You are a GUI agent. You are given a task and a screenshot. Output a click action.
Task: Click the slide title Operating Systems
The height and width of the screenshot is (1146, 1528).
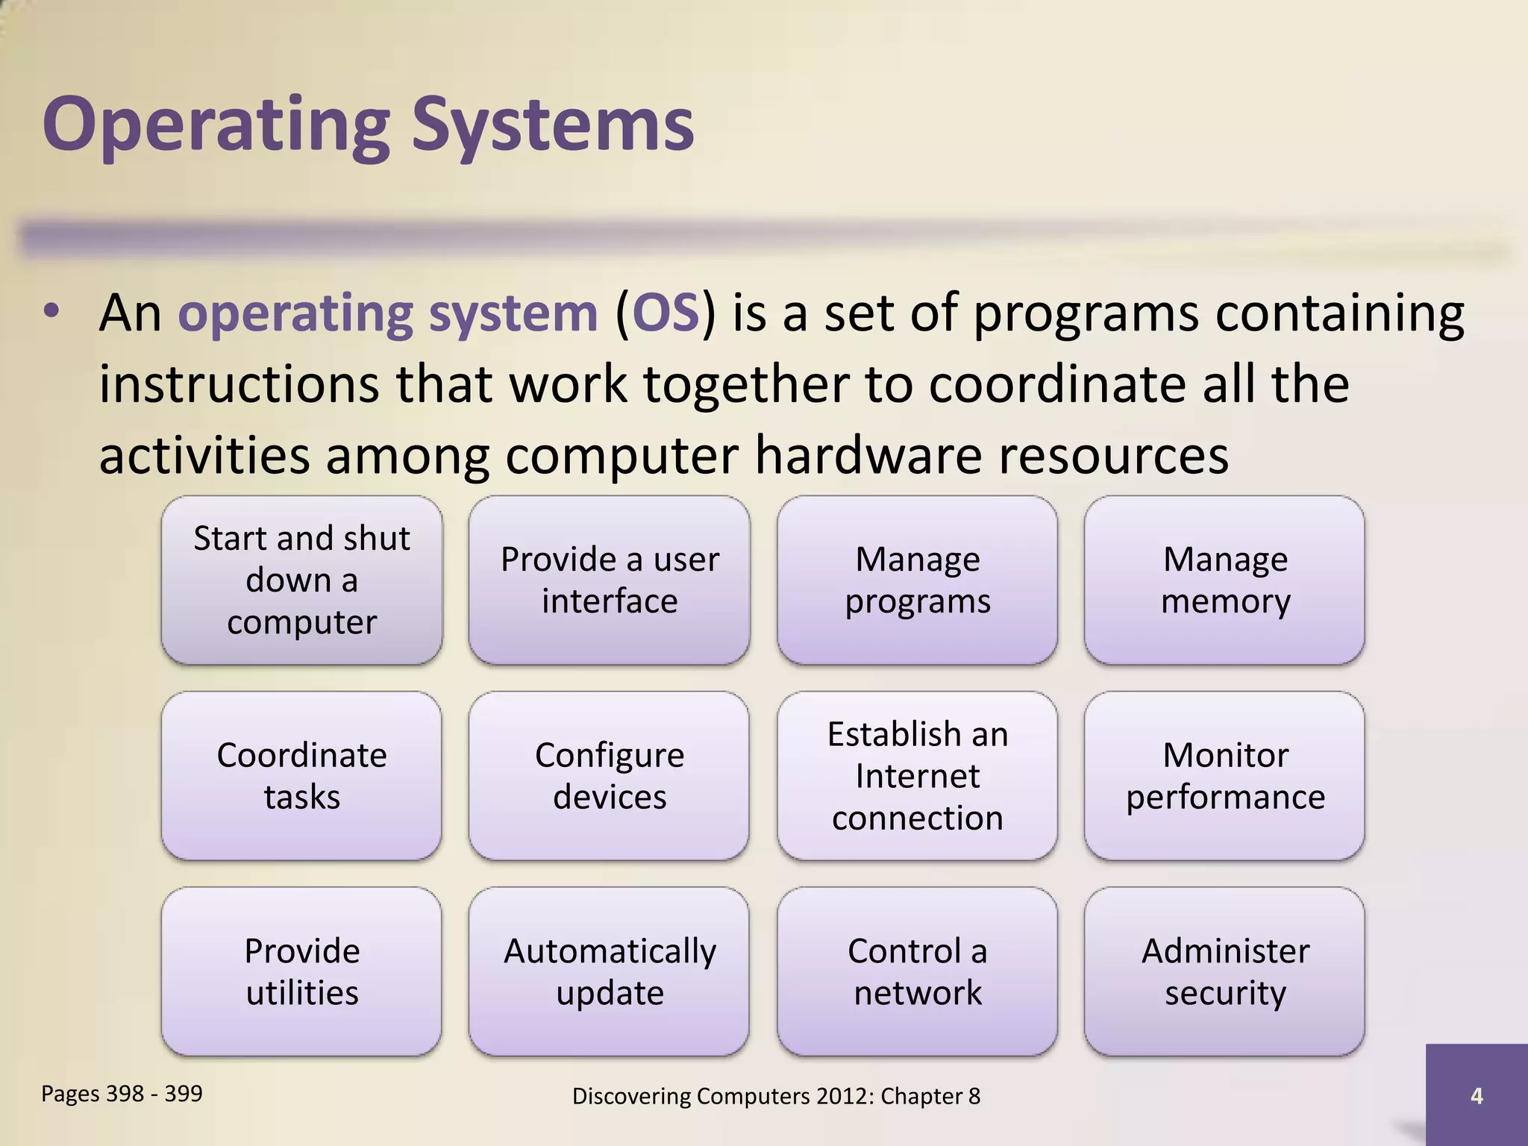pyautogui.click(x=368, y=125)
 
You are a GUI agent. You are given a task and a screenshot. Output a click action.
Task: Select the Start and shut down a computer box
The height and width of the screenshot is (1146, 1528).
pyautogui.click(x=301, y=580)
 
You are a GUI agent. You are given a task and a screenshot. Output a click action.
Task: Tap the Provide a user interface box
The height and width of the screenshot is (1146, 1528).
pyautogui.click(x=609, y=580)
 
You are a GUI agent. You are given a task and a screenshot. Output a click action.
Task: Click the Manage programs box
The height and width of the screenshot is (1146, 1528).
pyautogui.click(x=917, y=580)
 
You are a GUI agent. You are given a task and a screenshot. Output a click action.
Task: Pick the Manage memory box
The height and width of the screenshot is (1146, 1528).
pyautogui.click(x=1224, y=580)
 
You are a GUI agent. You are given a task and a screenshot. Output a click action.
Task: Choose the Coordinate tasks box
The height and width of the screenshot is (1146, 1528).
pyautogui.click(x=301, y=776)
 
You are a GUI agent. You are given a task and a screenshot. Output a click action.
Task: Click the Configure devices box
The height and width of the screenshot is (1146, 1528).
pyautogui.click(x=609, y=776)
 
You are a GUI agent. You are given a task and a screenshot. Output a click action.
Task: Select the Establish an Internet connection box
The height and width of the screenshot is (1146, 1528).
pyautogui.click(x=917, y=776)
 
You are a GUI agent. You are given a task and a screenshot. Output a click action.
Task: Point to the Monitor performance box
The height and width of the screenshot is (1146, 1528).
pyautogui.click(x=1224, y=776)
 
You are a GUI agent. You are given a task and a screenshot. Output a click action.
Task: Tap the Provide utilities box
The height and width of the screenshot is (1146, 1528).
pyautogui.click(x=301, y=971)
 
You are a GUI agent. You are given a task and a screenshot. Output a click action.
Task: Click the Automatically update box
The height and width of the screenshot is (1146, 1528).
pyautogui.click(x=609, y=971)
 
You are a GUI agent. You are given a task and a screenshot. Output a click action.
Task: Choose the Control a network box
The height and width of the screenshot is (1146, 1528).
pyautogui.click(x=917, y=971)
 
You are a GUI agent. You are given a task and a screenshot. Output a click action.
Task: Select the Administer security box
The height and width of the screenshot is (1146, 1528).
pyautogui.click(x=1224, y=971)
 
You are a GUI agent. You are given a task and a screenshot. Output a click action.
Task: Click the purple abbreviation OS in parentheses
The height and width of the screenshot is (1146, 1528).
pyautogui.click(x=666, y=313)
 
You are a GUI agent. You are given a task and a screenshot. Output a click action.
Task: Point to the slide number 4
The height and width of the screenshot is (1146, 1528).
pyautogui.click(x=1476, y=1096)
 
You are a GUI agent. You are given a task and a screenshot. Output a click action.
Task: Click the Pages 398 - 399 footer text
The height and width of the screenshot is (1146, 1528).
pyautogui.click(x=122, y=1094)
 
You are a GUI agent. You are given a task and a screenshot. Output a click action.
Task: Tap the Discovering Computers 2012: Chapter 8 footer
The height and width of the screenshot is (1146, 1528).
pyautogui.click(x=776, y=1096)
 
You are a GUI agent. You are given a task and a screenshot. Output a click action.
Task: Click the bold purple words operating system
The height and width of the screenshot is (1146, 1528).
pyautogui.click(x=388, y=313)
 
